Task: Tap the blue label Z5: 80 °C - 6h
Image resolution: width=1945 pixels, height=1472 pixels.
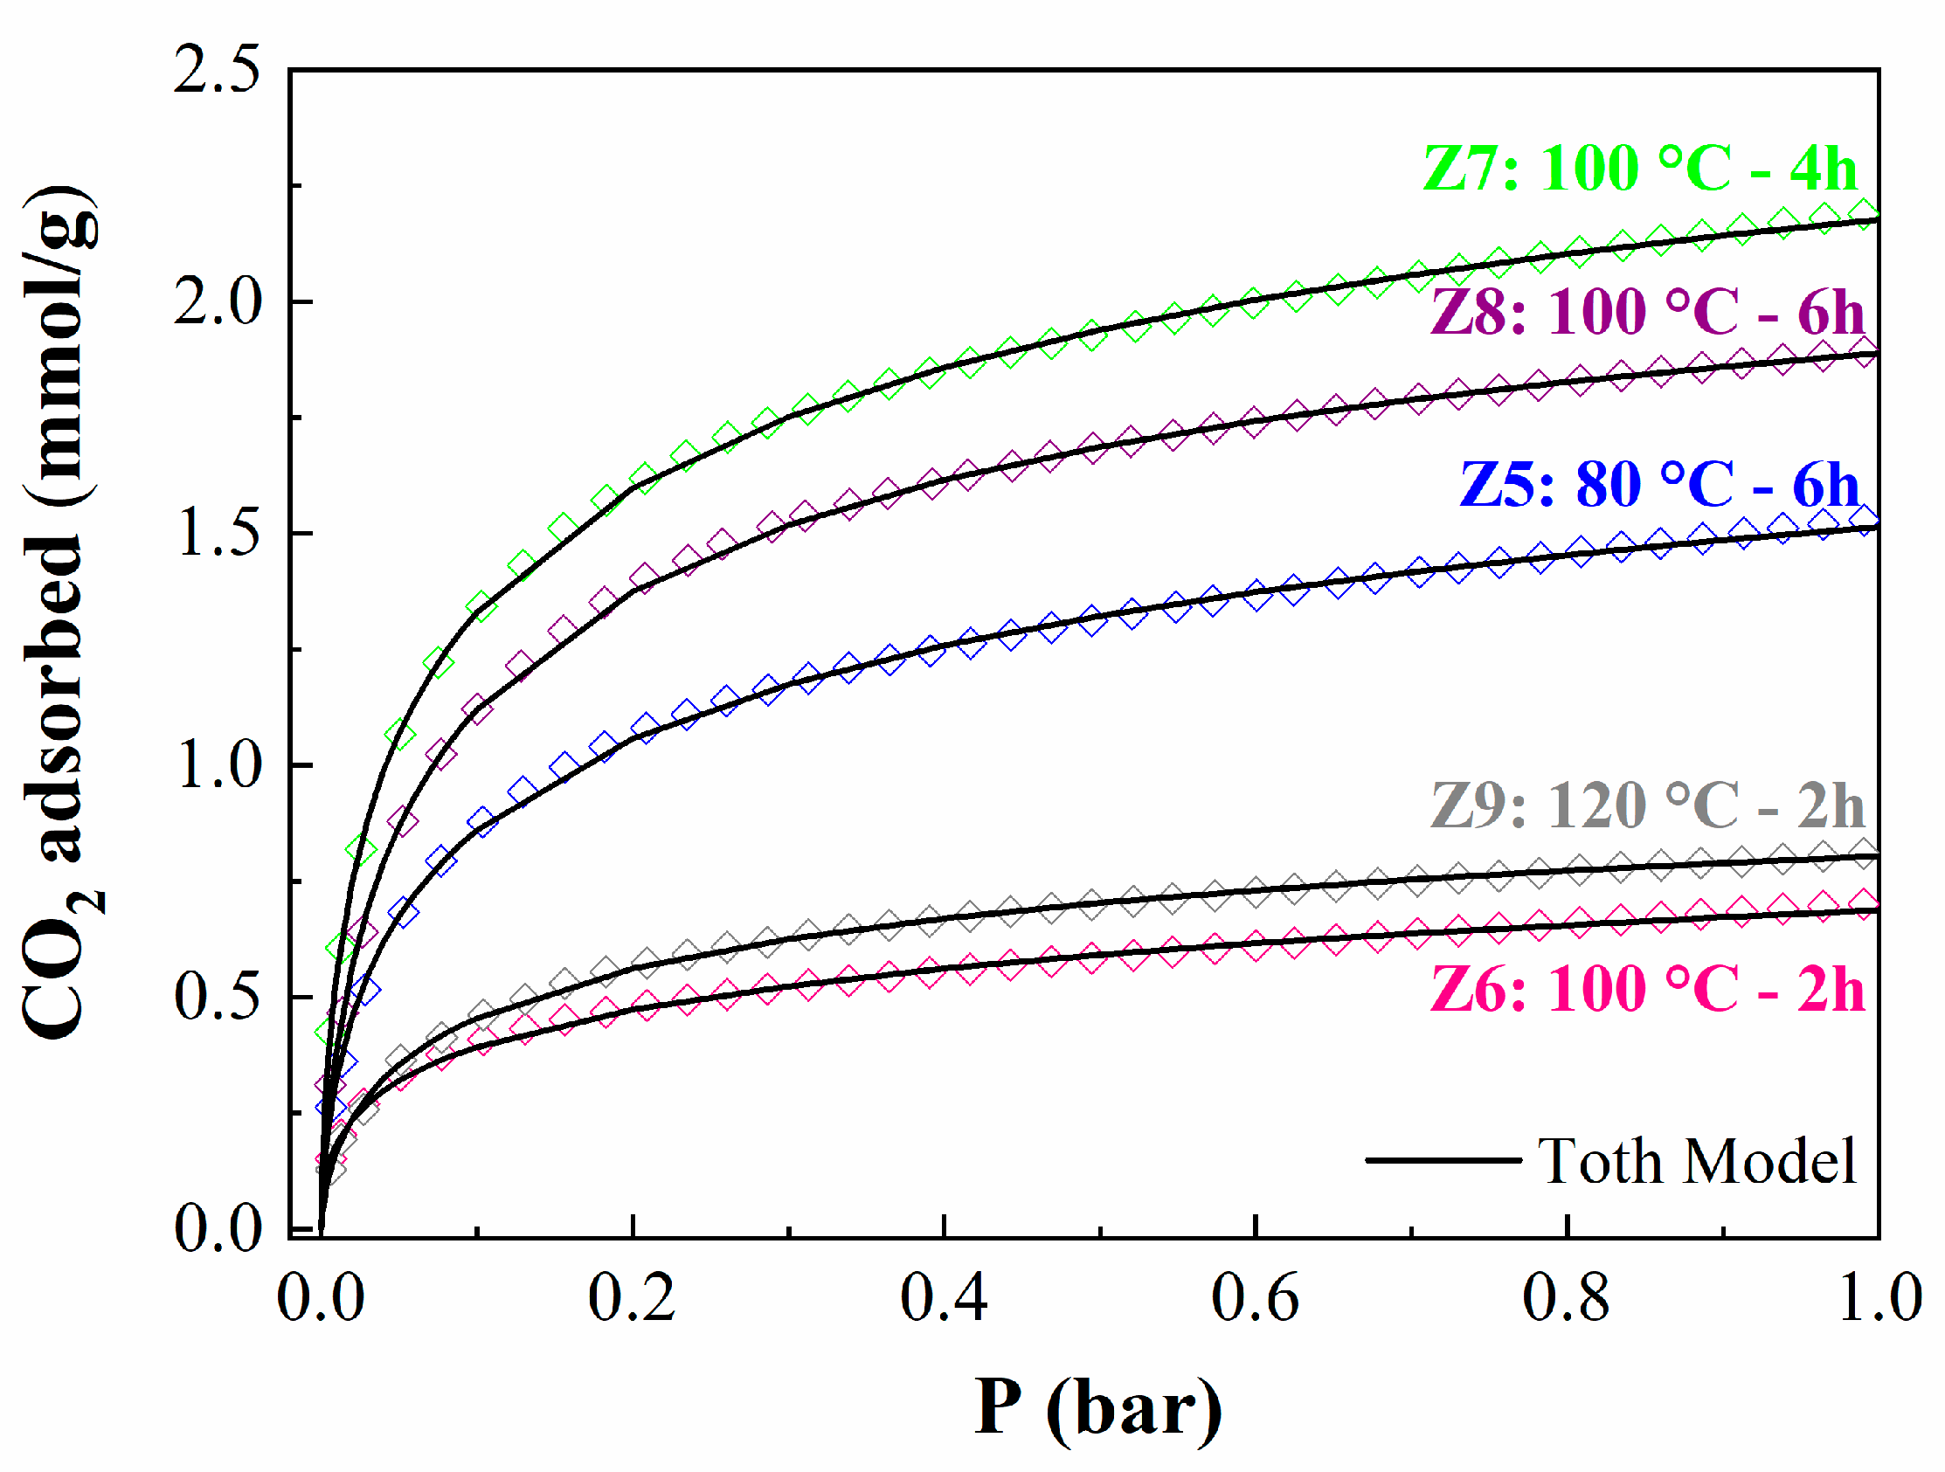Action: [1659, 484]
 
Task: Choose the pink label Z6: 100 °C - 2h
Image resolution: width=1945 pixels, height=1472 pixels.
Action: [1647, 989]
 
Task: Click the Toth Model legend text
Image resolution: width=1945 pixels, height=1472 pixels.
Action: [1696, 1162]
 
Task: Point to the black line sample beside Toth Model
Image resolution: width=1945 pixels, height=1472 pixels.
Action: [1442, 1161]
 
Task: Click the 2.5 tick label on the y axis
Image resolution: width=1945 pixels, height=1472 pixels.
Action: [217, 70]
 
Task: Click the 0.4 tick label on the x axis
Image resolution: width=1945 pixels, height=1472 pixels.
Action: [944, 1297]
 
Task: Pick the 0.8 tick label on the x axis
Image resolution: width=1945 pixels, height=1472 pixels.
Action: [1566, 1297]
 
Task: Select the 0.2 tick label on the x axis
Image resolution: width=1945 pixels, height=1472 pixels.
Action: [632, 1297]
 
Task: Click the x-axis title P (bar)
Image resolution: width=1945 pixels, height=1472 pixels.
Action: [1098, 1408]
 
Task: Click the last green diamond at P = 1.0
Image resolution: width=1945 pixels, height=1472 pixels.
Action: [1863, 212]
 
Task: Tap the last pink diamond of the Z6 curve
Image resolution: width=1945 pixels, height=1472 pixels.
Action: [1863, 902]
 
